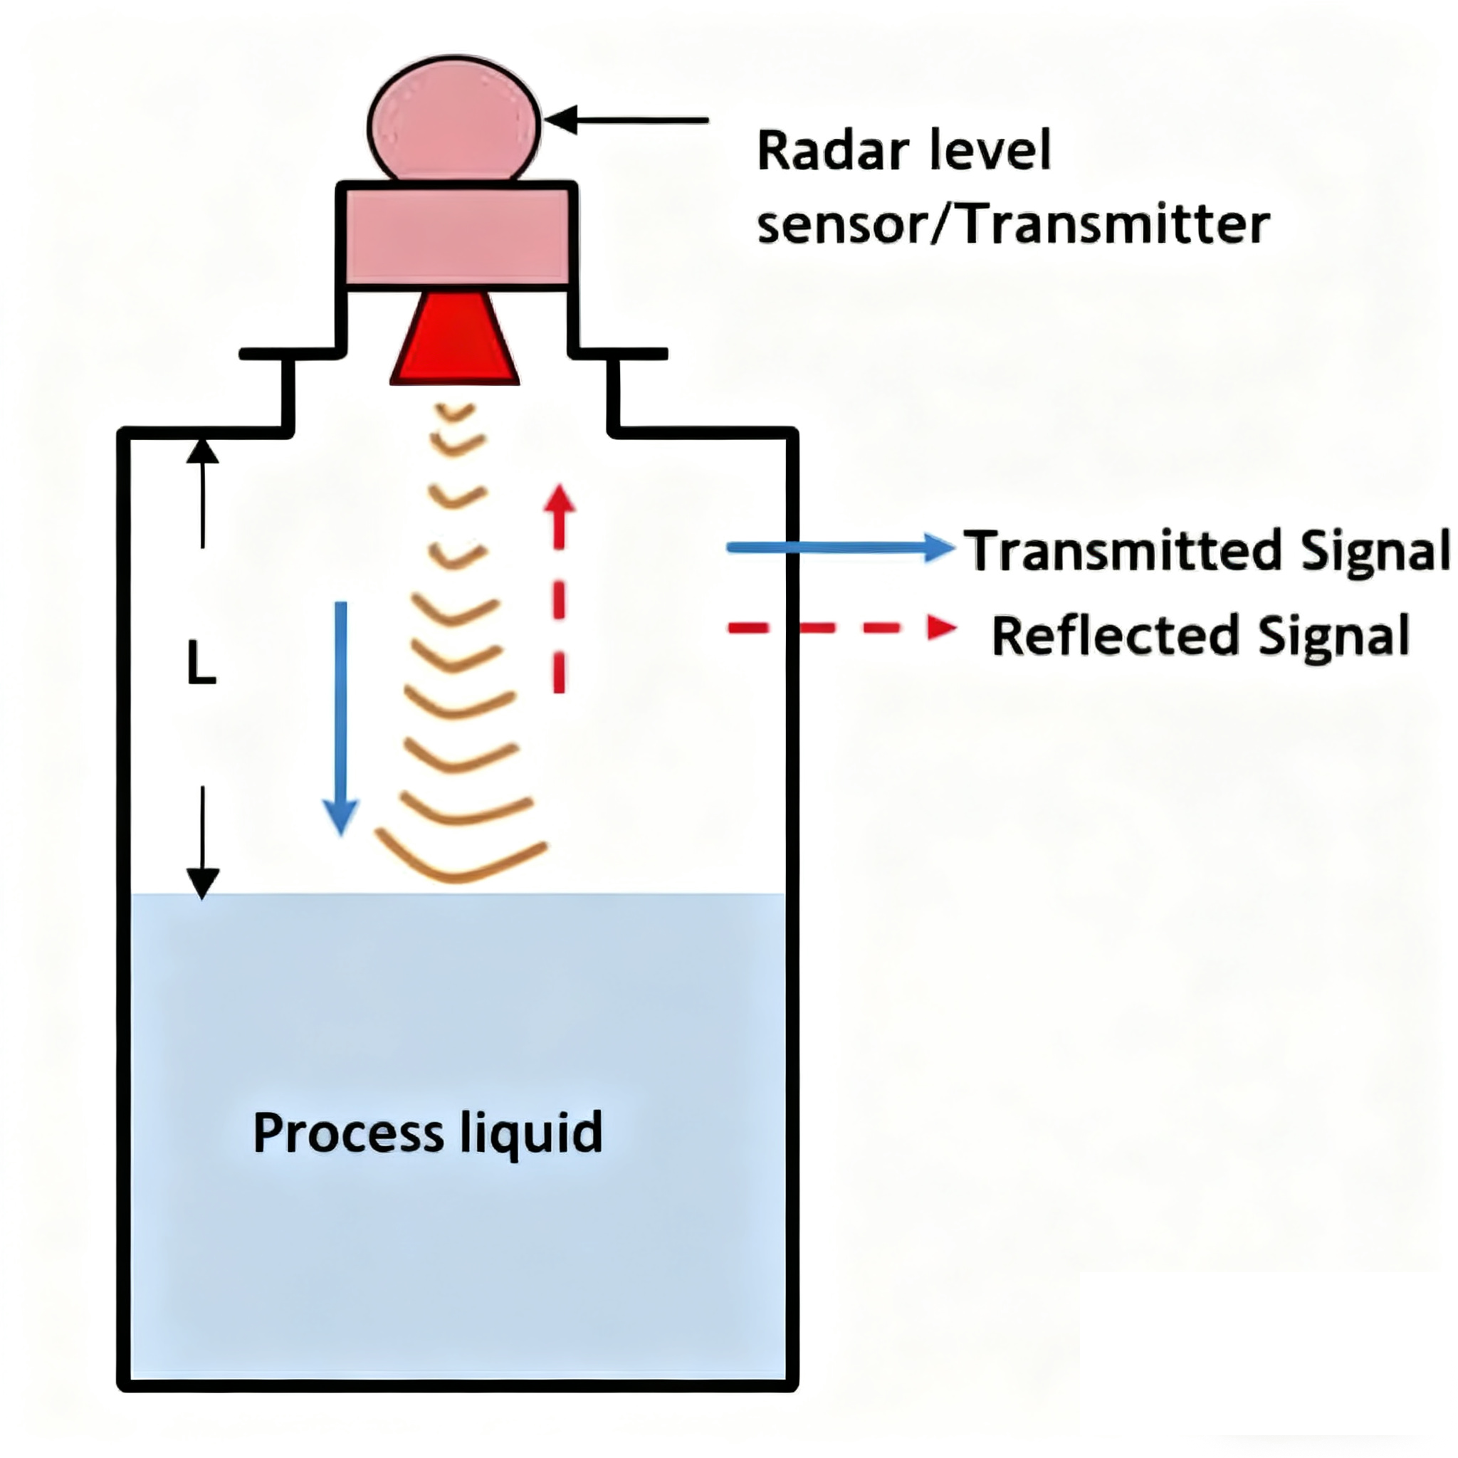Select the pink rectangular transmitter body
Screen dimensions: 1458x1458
click(x=456, y=236)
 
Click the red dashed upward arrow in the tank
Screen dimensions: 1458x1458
click(x=559, y=589)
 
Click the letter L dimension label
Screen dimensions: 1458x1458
click(x=201, y=664)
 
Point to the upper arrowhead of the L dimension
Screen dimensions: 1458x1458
click(x=202, y=452)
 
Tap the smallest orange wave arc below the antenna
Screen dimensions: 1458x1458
click(x=456, y=412)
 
